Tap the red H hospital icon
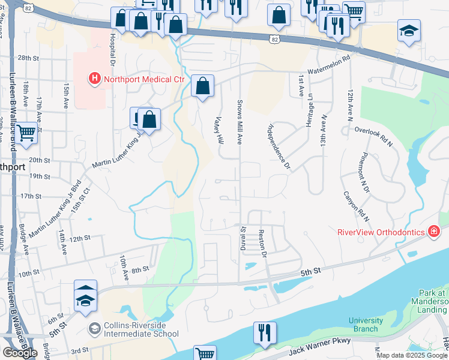pos(94,78)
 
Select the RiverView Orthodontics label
pos(380,232)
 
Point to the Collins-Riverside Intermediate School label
pos(140,329)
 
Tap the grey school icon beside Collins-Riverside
pos(94,328)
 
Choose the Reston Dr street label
pos(262,243)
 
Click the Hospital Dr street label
pos(112,49)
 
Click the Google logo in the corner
pos(20,353)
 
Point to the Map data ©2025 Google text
pos(411,355)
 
